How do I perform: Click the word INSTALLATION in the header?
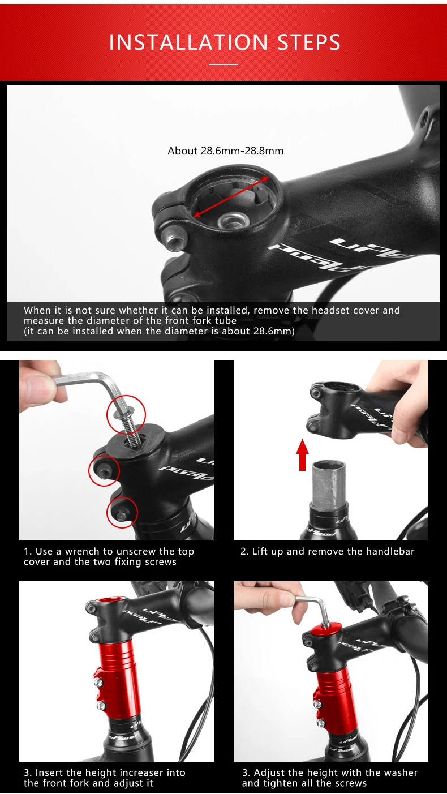[x=188, y=42]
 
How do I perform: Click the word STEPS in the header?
[x=309, y=42]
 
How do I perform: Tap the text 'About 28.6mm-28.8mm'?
[x=225, y=151]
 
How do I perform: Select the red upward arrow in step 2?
[x=302, y=455]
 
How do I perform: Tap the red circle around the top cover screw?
[x=127, y=414]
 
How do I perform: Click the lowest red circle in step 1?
[x=122, y=512]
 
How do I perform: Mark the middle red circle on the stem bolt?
[x=104, y=470]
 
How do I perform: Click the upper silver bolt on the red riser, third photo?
[x=98, y=683]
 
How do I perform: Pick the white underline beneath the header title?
[x=223, y=65]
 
